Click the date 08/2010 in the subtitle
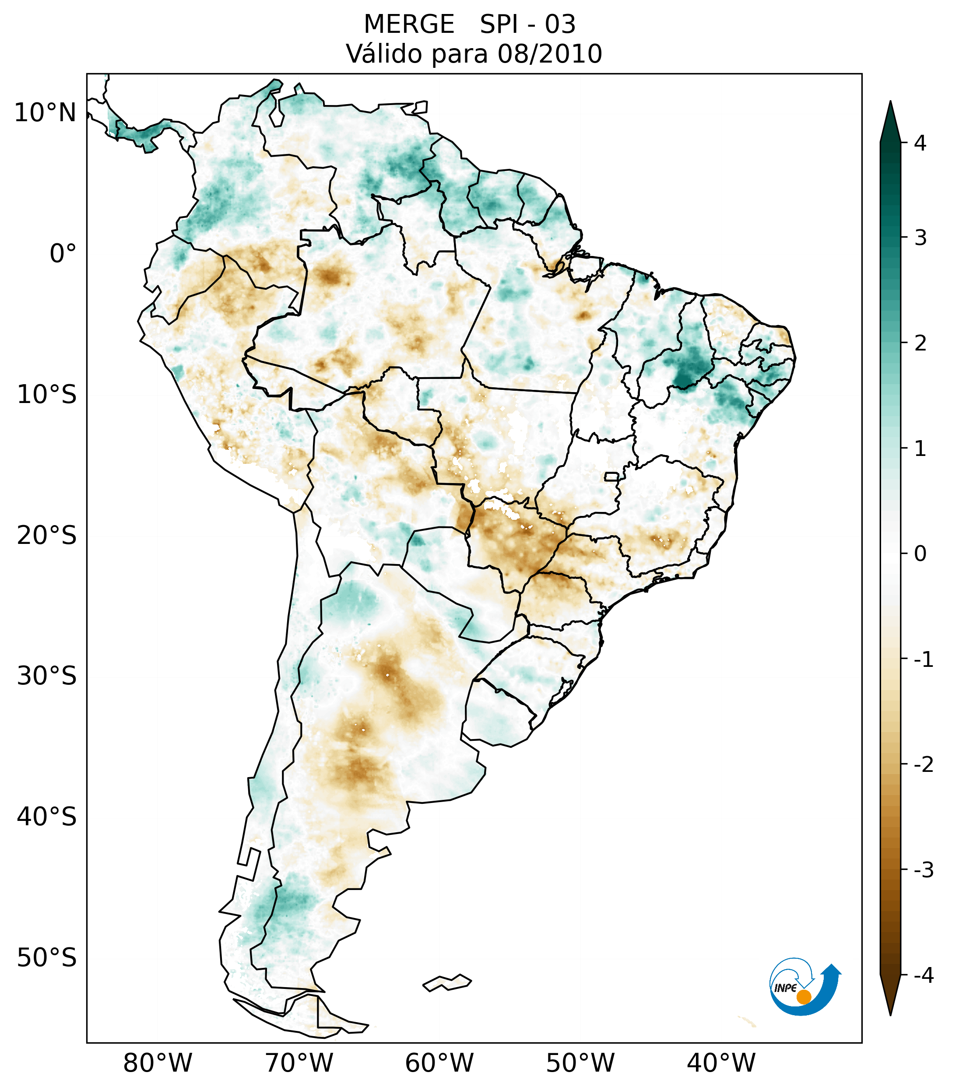pyautogui.click(x=549, y=54)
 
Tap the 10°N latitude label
pyautogui.click(x=45, y=113)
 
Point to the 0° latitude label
pyautogui.click(x=63, y=254)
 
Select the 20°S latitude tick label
pyautogui.click(x=47, y=536)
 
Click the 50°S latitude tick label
pyautogui.click(x=47, y=958)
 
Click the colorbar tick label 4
pyautogui.click(x=920, y=143)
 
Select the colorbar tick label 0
pyautogui.click(x=920, y=554)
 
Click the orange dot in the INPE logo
pyautogui.click(x=804, y=996)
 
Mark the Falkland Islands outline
pyautogui.click(x=447, y=982)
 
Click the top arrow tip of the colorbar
pyautogui.click(x=890, y=102)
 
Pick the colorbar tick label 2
pyautogui.click(x=920, y=343)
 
